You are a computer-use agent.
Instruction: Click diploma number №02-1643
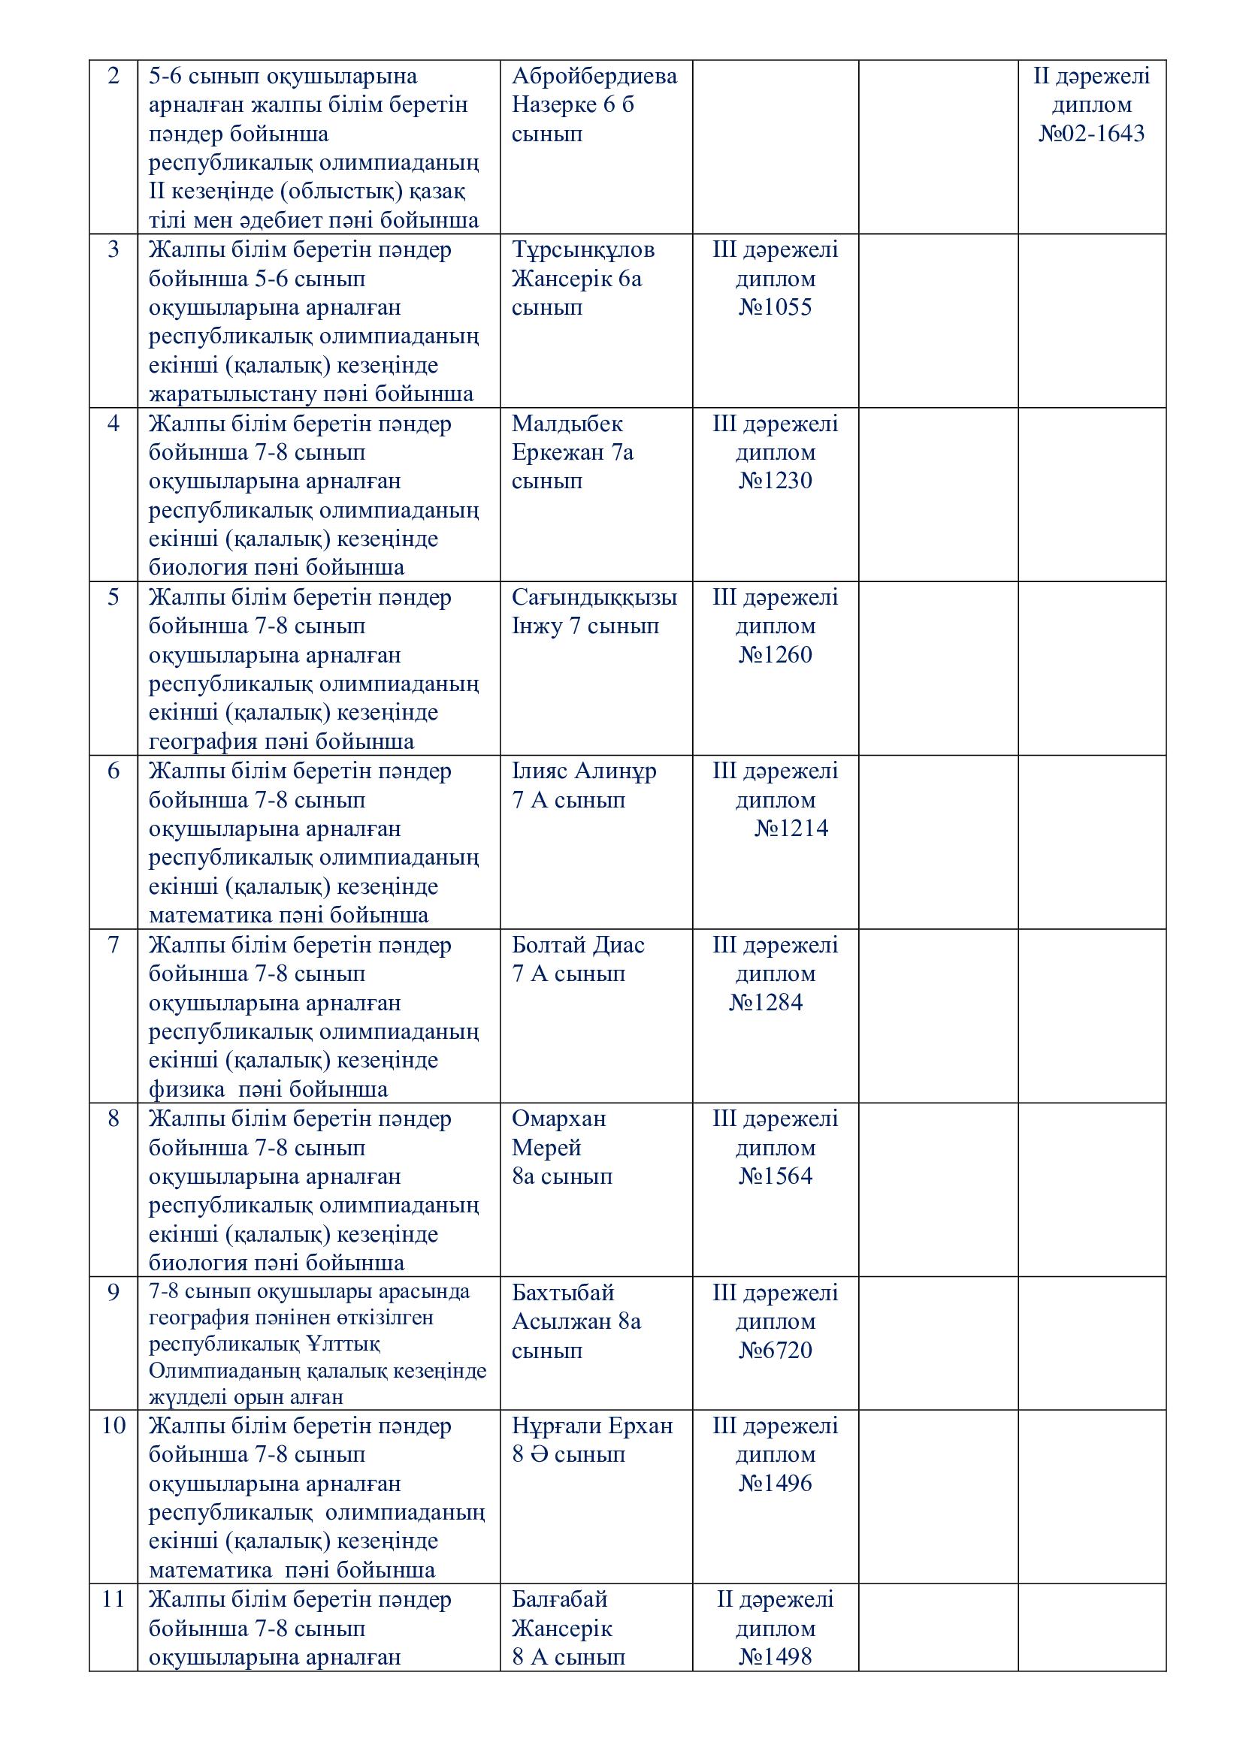click(x=1091, y=134)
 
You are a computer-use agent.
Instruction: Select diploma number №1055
click(x=775, y=308)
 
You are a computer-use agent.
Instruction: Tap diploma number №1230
click(x=775, y=481)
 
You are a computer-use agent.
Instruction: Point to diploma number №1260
click(x=775, y=655)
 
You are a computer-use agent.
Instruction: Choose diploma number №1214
click(x=791, y=829)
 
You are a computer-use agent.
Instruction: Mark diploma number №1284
click(x=765, y=1003)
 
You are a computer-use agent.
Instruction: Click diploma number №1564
click(x=775, y=1176)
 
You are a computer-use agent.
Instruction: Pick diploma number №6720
click(x=775, y=1350)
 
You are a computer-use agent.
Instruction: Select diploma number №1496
click(x=775, y=1483)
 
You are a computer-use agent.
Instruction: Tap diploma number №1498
click(x=775, y=1658)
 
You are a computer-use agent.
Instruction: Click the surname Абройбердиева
click(x=594, y=77)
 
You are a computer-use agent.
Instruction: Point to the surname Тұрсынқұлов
click(x=582, y=250)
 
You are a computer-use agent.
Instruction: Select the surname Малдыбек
click(x=567, y=424)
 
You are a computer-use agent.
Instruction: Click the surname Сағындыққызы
click(x=594, y=598)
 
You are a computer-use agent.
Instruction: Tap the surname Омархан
click(x=558, y=1119)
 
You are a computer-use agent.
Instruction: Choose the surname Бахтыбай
click(x=563, y=1293)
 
